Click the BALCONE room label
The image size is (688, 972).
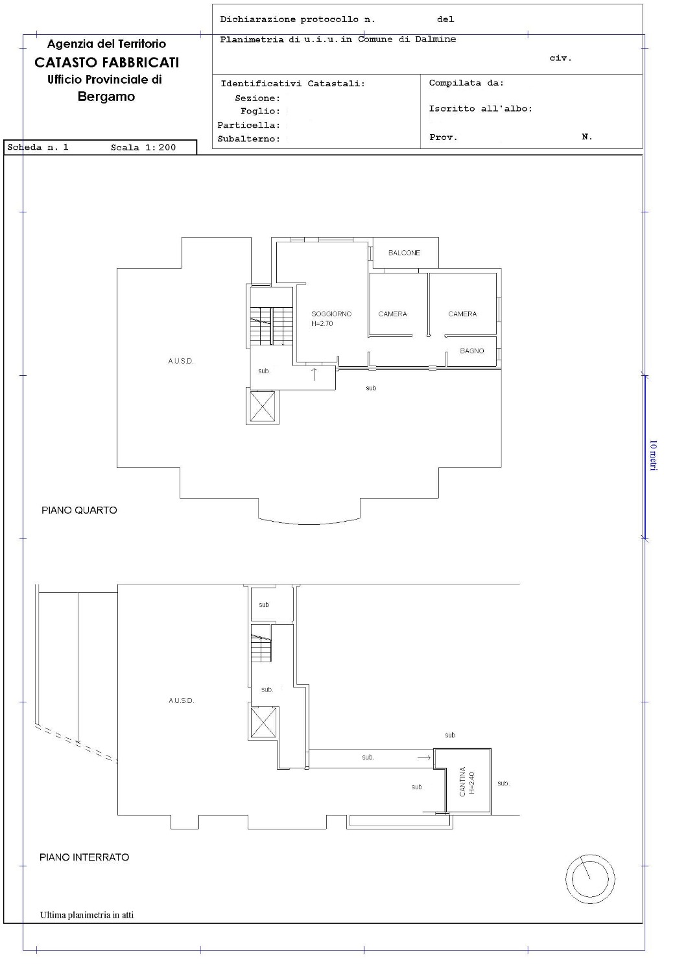(404, 253)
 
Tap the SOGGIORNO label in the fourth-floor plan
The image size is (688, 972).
(331, 314)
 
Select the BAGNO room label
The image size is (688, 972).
(471, 351)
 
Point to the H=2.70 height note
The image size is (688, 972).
(322, 323)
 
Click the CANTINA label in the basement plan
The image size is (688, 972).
(462, 781)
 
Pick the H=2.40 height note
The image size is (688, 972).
(471, 783)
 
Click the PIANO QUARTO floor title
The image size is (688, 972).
(79, 511)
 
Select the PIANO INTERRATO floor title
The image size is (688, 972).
(84, 857)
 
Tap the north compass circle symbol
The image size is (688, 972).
(590, 879)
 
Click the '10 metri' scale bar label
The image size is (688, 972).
(653, 455)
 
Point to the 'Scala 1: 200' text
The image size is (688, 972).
(143, 148)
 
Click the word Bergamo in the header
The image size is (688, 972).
(106, 97)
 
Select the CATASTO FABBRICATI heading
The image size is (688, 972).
(106, 62)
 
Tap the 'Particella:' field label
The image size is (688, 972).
(248, 126)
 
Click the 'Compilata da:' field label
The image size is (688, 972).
(466, 83)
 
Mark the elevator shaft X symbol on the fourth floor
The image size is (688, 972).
(263, 406)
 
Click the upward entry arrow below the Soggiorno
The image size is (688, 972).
(314, 374)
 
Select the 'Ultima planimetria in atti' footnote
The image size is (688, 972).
(87, 915)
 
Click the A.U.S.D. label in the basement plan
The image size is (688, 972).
(182, 700)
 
